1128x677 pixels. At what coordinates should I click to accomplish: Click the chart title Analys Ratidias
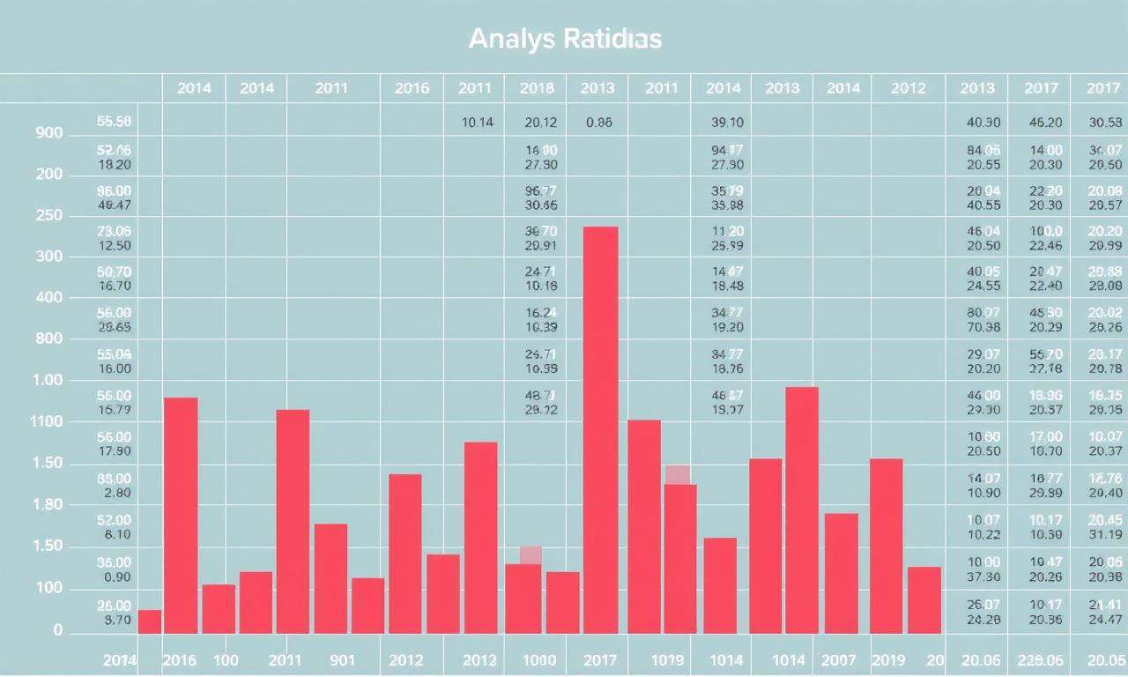coord(565,40)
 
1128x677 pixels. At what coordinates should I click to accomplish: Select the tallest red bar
coord(600,429)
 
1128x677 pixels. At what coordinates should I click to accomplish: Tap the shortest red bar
coord(150,621)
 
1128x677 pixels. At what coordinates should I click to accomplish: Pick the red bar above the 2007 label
coord(841,573)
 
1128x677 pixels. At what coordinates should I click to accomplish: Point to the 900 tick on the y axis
coord(49,134)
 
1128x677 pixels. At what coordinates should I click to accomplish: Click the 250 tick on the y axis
coord(49,216)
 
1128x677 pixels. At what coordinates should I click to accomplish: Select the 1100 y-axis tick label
coord(47,422)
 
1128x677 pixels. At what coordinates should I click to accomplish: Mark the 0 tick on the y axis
coord(58,631)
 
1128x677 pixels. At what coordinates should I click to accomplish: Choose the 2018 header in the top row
coord(537,88)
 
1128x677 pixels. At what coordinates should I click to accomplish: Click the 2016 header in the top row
coord(412,88)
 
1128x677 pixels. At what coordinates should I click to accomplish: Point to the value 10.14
coord(478,123)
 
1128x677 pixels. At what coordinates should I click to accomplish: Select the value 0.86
coord(598,123)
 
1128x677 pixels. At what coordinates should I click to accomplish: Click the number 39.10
coord(727,123)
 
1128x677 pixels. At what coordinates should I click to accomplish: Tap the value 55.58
coord(114,122)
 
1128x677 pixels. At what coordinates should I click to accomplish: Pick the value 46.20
coord(1045,123)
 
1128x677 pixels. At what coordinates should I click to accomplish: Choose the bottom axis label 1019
coord(667,660)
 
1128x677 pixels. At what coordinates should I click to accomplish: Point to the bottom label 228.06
coord(1041,660)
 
